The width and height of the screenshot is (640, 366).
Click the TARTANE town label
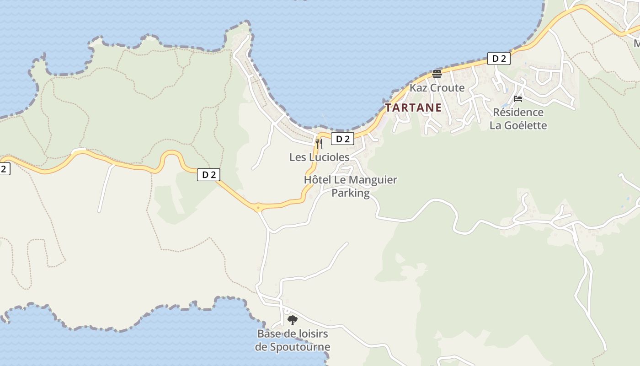pyautogui.click(x=413, y=108)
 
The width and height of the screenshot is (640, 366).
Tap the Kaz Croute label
pyautogui.click(x=437, y=88)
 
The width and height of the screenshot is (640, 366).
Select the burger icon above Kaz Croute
pyautogui.click(x=437, y=74)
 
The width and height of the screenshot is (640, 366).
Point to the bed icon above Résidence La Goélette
pyautogui.click(x=518, y=98)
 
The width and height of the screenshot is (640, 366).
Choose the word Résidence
pyautogui.click(x=518, y=113)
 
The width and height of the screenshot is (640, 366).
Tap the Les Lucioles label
pyautogui.click(x=319, y=157)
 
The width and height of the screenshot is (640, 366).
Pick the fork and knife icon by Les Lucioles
pyautogui.click(x=319, y=143)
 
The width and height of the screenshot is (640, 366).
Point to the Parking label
pyautogui.click(x=350, y=193)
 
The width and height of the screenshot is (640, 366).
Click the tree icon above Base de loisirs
pyautogui.click(x=293, y=320)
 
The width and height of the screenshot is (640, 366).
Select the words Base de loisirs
pyautogui.click(x=293, y=334)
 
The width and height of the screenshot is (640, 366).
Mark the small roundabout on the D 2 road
pyautogui.click(x=258, y=208)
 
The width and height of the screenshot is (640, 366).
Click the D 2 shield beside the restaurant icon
pyautogui.click(x=342, y=139)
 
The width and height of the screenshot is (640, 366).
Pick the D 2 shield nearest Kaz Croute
pyautogui.click(x=498, y=59)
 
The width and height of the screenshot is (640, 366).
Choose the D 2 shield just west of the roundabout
pyautogui.click(x=209, y=174)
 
